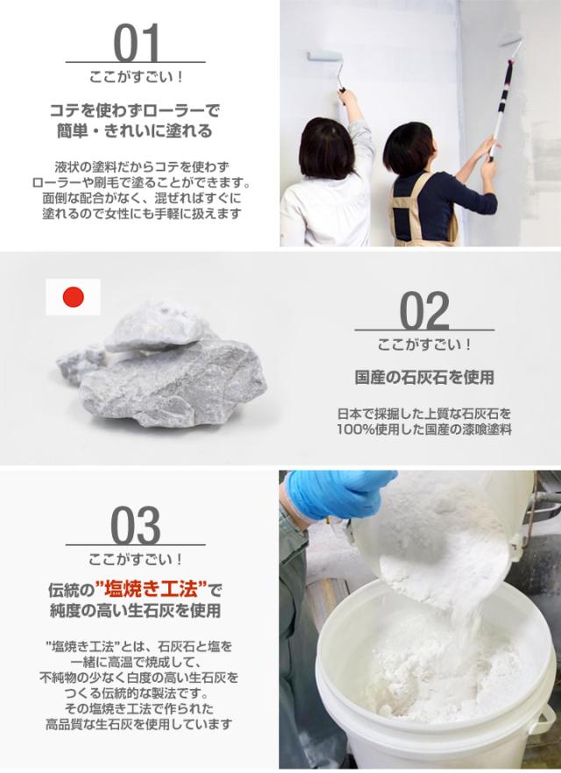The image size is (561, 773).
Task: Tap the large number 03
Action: point(137,526)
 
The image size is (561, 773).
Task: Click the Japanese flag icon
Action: point(73,298)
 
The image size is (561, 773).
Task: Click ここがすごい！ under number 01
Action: point(137,77)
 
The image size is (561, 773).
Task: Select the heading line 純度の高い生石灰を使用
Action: point(137,609)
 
